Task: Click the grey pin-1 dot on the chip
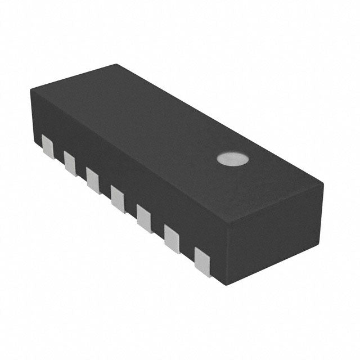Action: point(232,159)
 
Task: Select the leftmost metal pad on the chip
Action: point(48,146)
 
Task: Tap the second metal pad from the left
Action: point(70,163)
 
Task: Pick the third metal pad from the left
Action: point(93,179)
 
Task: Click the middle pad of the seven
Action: point(117,199)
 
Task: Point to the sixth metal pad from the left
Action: point(172,238)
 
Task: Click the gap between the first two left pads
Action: point(59,153)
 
